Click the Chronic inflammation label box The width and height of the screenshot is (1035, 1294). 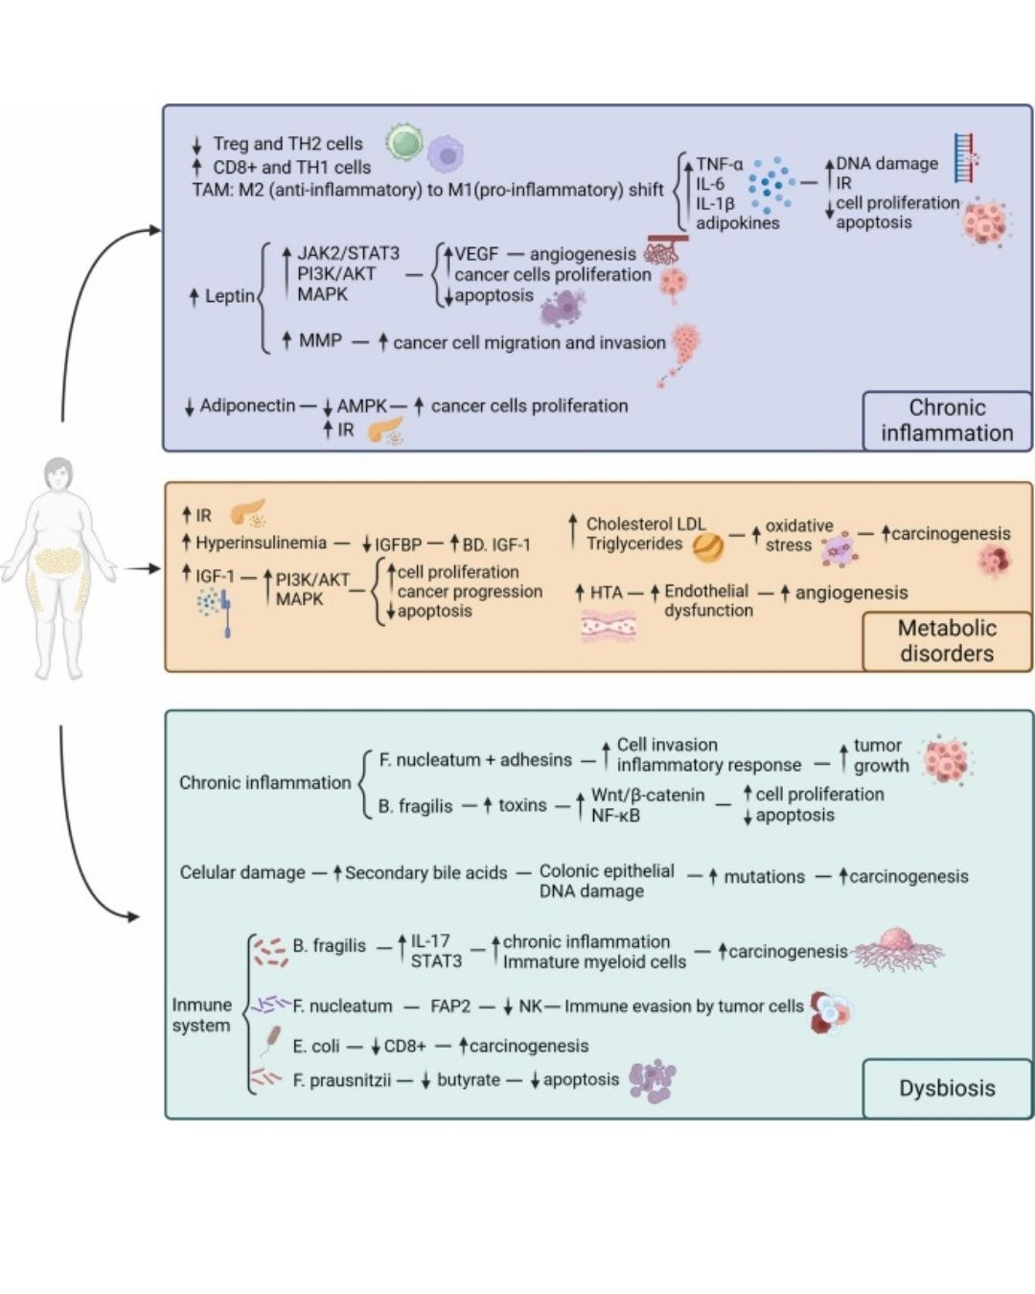point(947,420)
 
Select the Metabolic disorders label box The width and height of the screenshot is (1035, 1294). point(947,640)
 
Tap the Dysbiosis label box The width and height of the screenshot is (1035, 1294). point(947,1088)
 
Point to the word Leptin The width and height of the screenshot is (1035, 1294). point(229,296)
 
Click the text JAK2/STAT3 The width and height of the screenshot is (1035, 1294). point(348,253)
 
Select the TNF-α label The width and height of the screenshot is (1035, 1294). point(719,164)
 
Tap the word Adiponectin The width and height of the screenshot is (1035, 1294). point(247,405)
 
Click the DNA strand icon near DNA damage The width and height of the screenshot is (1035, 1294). point(965,159)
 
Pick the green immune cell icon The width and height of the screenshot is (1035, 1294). point(404,142)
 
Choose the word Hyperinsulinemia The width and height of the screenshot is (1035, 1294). point(261,543)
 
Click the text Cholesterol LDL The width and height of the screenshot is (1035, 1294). point(645,524)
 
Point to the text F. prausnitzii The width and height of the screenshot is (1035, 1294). point(341,1080)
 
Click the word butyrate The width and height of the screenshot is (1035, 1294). point(468,1080)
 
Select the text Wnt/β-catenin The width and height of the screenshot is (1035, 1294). point(647,795)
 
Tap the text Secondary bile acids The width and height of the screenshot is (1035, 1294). point(425,872)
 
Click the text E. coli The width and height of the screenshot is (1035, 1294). point(315,1046)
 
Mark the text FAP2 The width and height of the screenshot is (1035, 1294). point(450,1006)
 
